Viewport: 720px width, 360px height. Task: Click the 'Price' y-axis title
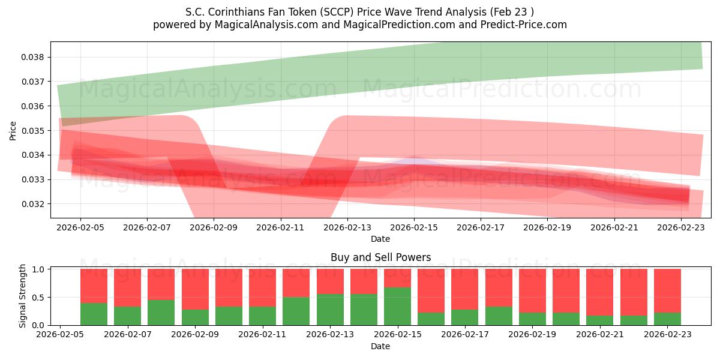(13, 130)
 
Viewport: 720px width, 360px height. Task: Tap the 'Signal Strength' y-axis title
(23, 296)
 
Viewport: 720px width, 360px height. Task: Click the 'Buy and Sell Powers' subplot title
(380, 257)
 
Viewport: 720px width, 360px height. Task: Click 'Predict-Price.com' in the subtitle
(524, 25)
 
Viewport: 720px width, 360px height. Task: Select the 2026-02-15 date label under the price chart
(414, 227)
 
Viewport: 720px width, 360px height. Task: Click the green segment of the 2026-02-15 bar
(397, 306)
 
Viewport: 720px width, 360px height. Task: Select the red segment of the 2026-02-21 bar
(599, 292)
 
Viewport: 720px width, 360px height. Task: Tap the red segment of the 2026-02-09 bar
(195, 289)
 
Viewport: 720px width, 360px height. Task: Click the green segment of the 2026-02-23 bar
(667, 319)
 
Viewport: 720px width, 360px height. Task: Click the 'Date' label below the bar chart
(380, 346)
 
